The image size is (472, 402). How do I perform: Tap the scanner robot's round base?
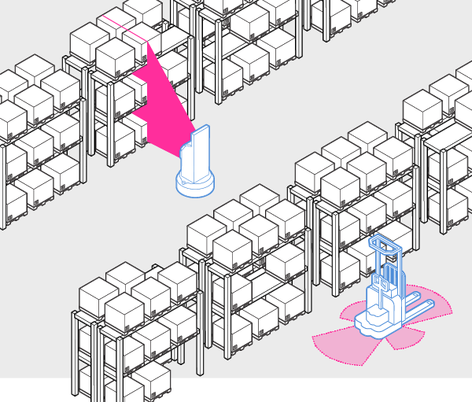pos(195,185)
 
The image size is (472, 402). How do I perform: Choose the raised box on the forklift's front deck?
pos(376,310)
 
